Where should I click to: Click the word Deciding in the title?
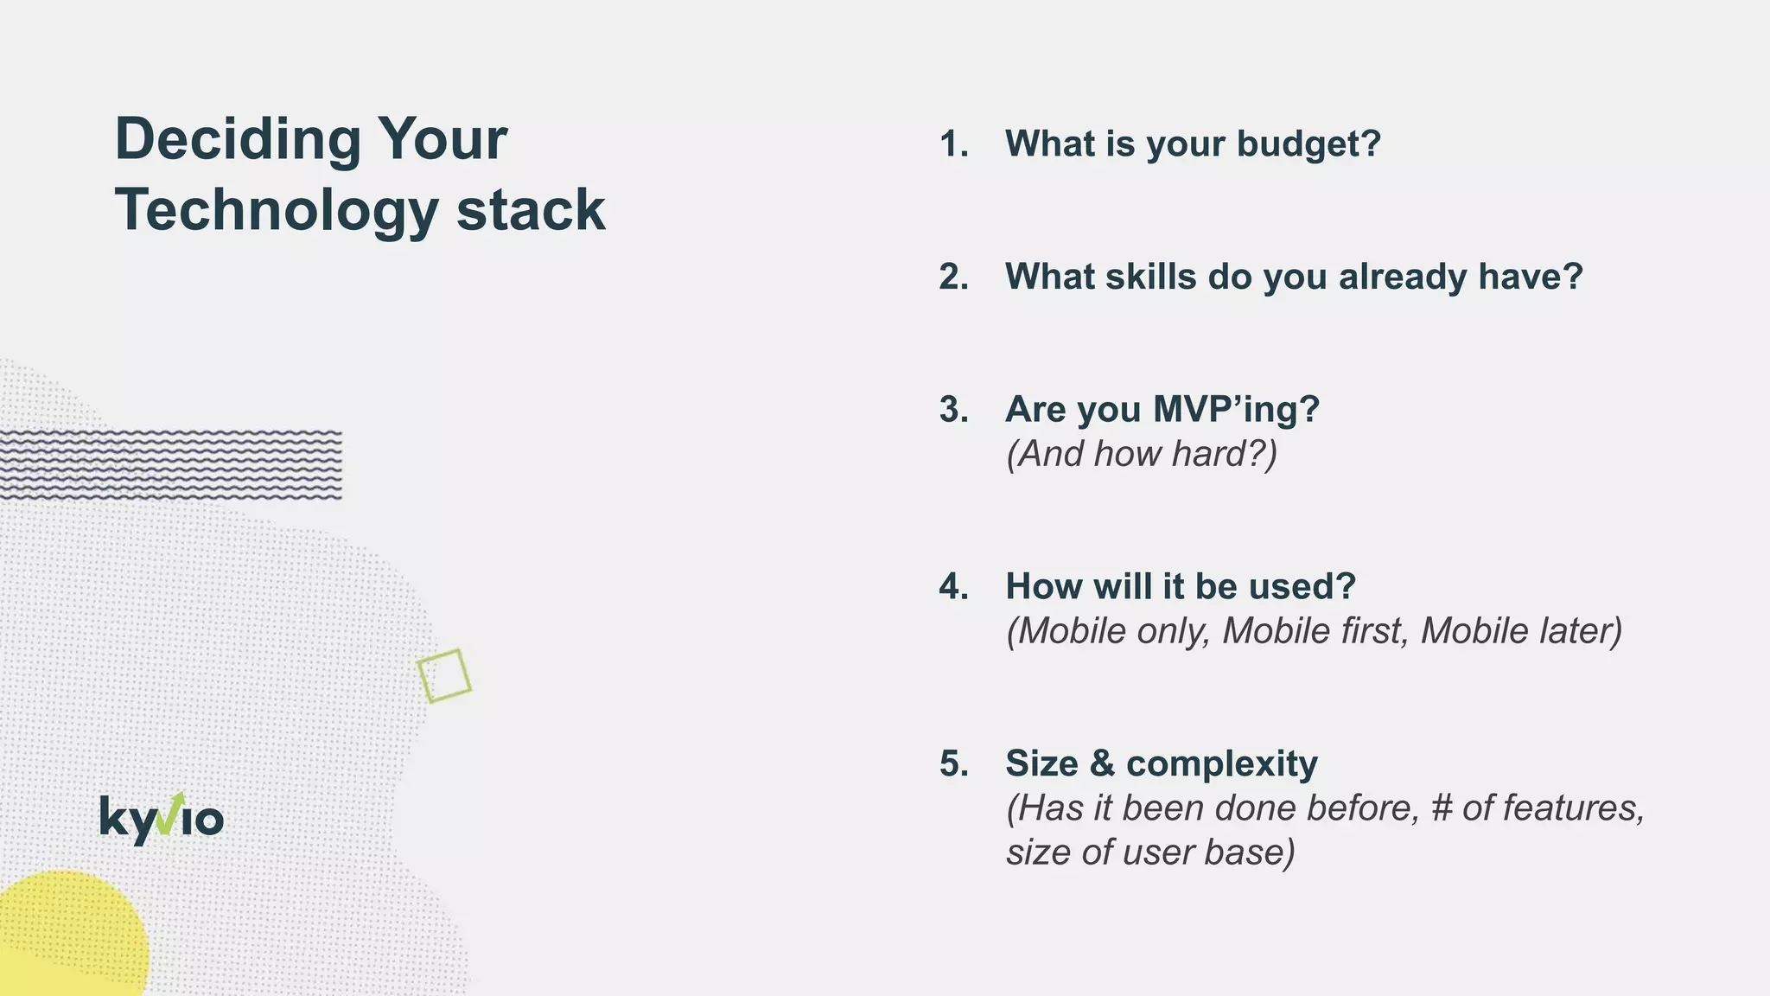[238, 140]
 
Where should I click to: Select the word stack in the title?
[531, 210]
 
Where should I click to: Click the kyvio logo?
[162, 818]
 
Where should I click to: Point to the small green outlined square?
[444, 675]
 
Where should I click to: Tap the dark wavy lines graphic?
[170, 464]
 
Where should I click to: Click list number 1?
[953, 144]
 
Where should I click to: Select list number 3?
[953, 410]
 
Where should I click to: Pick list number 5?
[953, 764]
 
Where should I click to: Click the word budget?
[1308, 144]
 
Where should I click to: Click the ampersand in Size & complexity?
[1102, 764]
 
